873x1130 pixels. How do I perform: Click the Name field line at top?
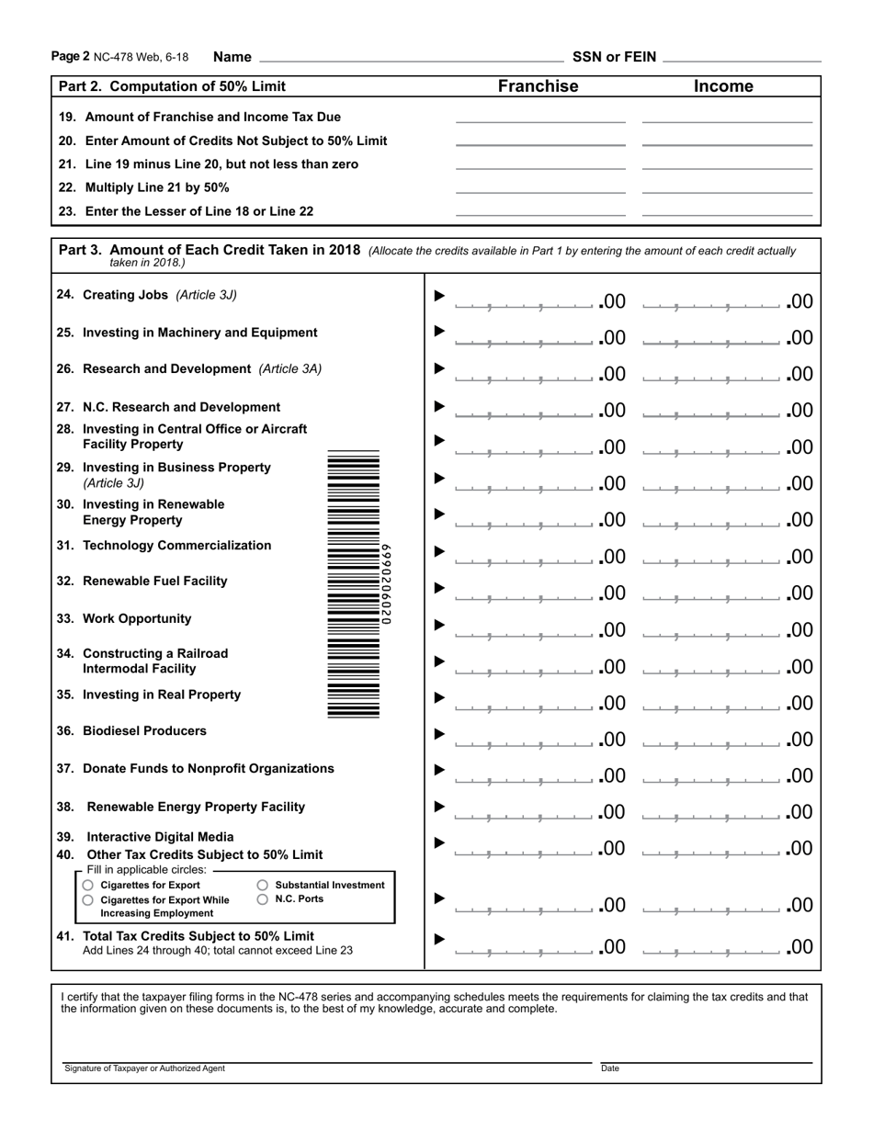pos(412,58)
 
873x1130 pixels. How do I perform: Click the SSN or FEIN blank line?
pos(741,58)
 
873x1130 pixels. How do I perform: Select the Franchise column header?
pos(538,86)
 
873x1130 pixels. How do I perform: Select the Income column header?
pos(723,86)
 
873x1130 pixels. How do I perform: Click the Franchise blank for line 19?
pos(540,118)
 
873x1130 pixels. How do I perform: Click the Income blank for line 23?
pos(727,211)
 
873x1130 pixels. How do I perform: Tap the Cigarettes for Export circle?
pos(88,885)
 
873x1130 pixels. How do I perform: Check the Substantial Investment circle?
pos(263,885)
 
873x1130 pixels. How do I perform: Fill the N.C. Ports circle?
pos(263,899)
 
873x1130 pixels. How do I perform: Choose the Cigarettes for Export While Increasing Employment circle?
pos(88,900)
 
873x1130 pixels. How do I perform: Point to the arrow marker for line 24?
pos(439,296)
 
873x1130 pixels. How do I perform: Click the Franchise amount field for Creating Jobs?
pos(525,301)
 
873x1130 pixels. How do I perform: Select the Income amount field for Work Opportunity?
pos(712,630)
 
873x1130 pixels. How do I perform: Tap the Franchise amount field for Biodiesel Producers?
pos(525,740)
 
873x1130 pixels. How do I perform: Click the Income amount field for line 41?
pos(712,946)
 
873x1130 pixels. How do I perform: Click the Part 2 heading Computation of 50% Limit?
pos(172,86)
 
